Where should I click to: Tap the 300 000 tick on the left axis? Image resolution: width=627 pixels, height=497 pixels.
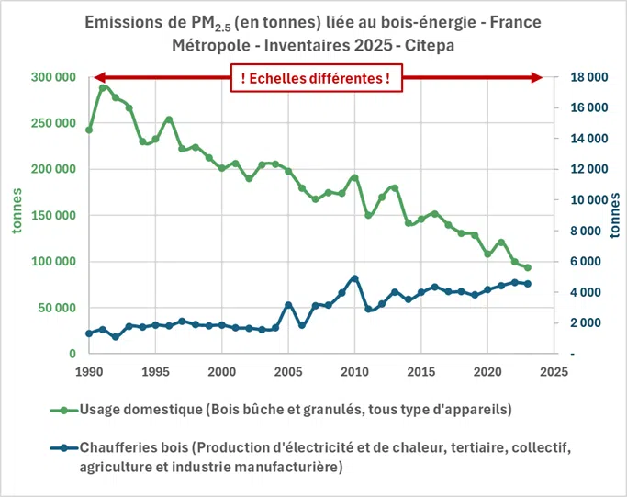pos(50,77)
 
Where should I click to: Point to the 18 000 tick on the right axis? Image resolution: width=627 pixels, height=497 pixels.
pos(584,77)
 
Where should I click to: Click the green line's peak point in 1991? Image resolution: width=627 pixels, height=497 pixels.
pos(103,88)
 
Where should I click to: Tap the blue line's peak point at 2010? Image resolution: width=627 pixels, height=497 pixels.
pos(354,277)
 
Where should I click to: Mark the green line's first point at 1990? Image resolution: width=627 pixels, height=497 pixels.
pos(89,130)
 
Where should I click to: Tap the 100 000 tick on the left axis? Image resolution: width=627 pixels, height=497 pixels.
pos(50,262)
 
